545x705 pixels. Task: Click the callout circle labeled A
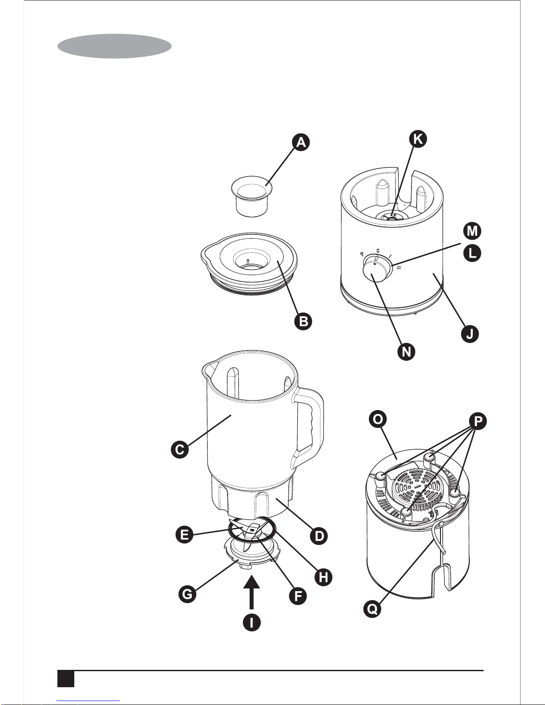coord(301,142)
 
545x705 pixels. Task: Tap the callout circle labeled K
coord(418,139)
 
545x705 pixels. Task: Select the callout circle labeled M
coord(472,231)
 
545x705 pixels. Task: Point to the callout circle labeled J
coord(470,334)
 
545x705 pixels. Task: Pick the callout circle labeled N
coord(406,352)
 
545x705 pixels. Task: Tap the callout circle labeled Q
coord(372,608)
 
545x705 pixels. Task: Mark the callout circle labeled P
coord(478,421)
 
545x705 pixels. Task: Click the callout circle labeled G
coord(187,594)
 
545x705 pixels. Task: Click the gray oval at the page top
coord(114,46)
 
